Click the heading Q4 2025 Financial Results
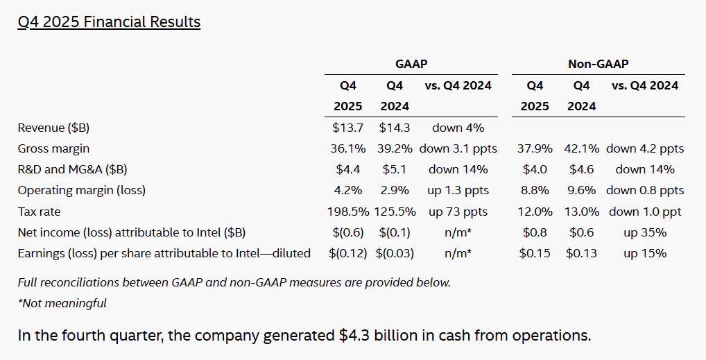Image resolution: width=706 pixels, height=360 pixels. tap(109, 22)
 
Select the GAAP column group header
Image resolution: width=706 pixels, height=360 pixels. tap(411, 64)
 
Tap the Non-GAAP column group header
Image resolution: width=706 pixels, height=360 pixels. tap(598, 64)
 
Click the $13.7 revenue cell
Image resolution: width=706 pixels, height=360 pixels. tap(347, 128)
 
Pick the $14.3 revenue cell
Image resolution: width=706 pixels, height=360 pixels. tap(394, 128)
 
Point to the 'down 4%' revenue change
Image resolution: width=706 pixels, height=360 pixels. tap(458, 128)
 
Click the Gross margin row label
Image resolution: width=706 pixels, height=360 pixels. tap(53, 148)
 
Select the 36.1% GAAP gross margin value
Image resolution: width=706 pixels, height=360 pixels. tap(347, 148)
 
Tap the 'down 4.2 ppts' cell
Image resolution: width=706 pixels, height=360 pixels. tap(645, 148)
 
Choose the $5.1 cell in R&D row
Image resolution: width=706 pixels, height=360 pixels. tap(394, 169)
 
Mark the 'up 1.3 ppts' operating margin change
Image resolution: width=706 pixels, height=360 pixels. tap(458, 190)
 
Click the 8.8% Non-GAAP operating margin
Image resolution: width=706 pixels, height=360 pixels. tap(535, 190)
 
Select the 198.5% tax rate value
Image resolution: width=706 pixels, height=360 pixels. tap(347, 212)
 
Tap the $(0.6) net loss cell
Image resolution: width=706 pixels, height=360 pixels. tap(347, 232)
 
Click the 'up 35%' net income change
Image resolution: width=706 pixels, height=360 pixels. tap(645, 232)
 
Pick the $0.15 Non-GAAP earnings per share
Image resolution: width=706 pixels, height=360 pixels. tap(535, 253)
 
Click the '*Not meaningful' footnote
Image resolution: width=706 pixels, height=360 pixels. tap(62, 303)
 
